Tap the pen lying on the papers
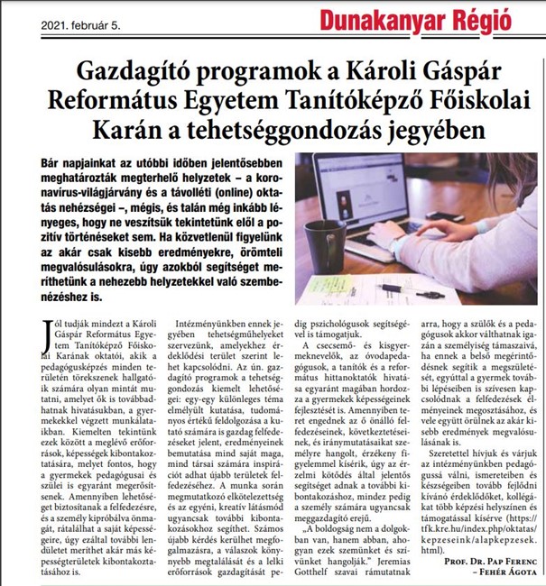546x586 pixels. pyautogui.click(x=380, y=288)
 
